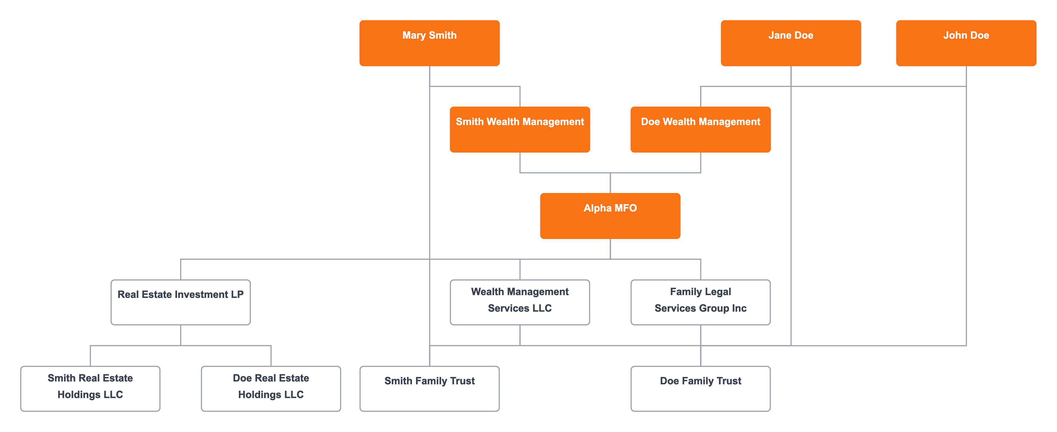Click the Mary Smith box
[x=429, y=43]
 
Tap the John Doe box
[x=966, y=43]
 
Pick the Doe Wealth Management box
[x=700, y=130]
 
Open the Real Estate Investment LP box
[x=180, y=302]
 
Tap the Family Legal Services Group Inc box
[x=700, y=302]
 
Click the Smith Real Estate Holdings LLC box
[x=90, y=389]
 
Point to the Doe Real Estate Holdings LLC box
[x=271, y=389]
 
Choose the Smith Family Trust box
[x=429, y=389]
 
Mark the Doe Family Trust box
[x=700, y=389]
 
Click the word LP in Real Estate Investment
[x=237, y=295]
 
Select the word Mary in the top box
[x=414, y=36]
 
